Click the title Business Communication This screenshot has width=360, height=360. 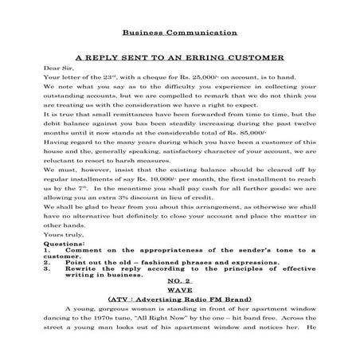click(x=180, y=33)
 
